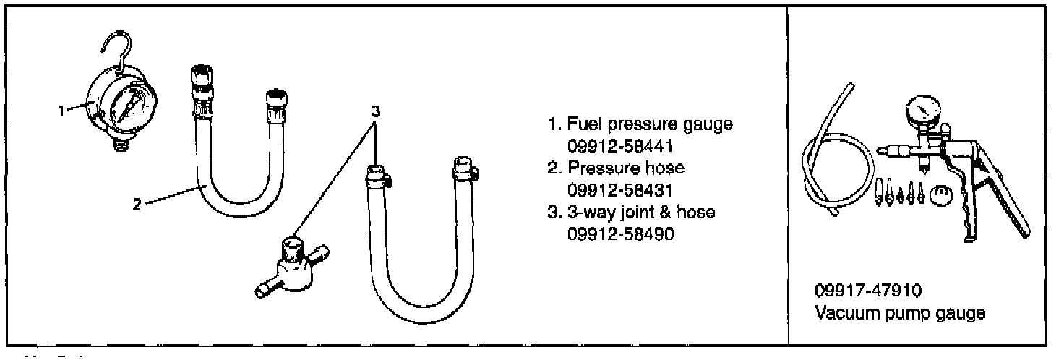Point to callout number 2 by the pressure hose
[x=137, y=203]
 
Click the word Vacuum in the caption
[x=841, y=314]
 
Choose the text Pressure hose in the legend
[x=626, y=168]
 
